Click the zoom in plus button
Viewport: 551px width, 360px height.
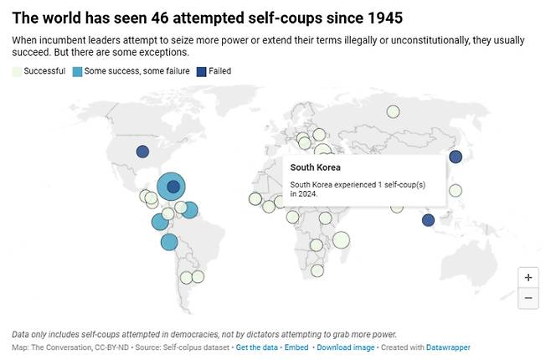(528, 277)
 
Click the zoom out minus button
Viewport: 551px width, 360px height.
(528, 298)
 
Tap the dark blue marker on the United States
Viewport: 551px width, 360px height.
(142, 152)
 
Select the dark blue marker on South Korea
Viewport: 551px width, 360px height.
(456, 157)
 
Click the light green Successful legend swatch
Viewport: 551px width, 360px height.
(17, 71)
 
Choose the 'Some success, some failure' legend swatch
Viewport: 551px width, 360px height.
(77, 71)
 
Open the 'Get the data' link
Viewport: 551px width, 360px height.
(258, 347)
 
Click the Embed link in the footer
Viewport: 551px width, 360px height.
(297, 347)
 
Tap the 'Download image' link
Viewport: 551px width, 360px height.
(345, 347)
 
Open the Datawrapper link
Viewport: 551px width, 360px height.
(449, 347)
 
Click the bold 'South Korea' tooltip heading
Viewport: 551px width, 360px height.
(316, 167)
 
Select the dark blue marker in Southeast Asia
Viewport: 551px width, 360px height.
(428, 220)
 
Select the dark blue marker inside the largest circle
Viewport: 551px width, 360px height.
(173, 187)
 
